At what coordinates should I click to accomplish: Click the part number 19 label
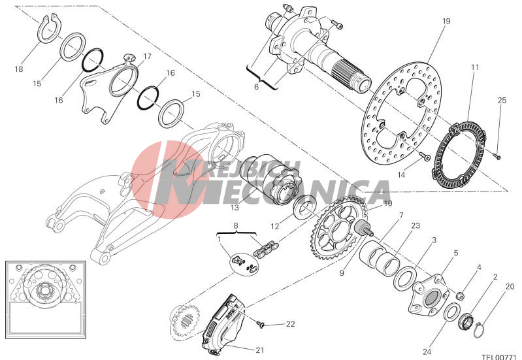(x=446, y=22)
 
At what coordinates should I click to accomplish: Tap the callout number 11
(x=474, y=67)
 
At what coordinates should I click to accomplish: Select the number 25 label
(x=502, y=101)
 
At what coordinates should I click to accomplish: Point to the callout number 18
(x=18, y=67)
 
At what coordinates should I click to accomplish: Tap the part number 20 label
(x=510, y=286)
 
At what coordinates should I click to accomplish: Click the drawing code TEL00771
(x=499, y=357)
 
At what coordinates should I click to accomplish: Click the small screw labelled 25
(x=496, y=155)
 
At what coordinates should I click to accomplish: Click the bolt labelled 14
(x=424, y=157)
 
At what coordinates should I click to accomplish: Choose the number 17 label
(x=147, y=57)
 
